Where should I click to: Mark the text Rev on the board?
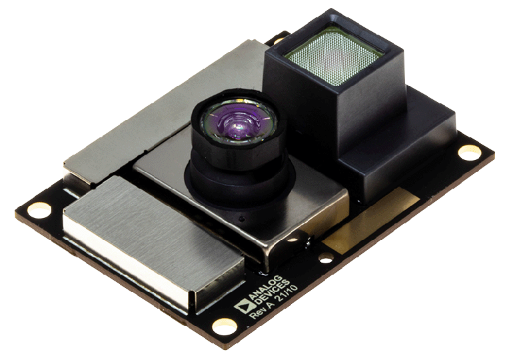[256, 317]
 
